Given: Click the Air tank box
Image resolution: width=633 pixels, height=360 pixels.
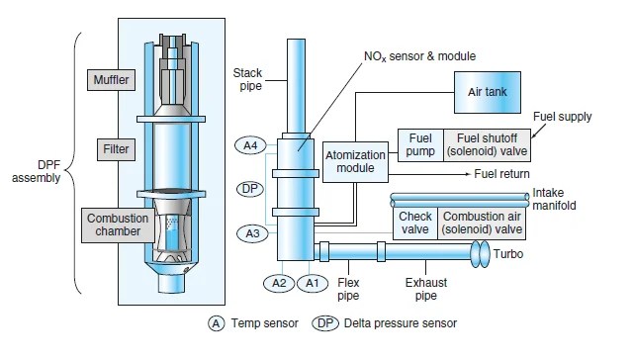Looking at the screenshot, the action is click(x=488, y=92).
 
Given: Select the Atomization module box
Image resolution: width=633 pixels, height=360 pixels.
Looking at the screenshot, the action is click(x=355, y=162).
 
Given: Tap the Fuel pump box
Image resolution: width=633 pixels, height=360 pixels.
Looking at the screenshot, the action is click(x=420, y=145).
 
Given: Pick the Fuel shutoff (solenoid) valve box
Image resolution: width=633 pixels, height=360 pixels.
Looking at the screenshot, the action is click(x=487, y=145).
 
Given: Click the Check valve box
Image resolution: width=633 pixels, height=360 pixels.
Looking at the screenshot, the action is click(x=415, y=224).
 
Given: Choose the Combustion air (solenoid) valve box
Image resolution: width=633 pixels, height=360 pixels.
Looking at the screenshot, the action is click(x=482, y=224).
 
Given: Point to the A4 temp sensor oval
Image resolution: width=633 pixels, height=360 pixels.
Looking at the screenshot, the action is click(x=250, y=145).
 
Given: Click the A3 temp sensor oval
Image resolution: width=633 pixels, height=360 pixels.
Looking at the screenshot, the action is click(x=252, y=233).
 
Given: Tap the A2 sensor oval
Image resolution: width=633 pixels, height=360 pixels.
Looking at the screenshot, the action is click(x=279, y=283).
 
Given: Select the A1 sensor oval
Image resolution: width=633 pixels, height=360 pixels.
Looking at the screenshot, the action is click(x=313, y=283).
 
